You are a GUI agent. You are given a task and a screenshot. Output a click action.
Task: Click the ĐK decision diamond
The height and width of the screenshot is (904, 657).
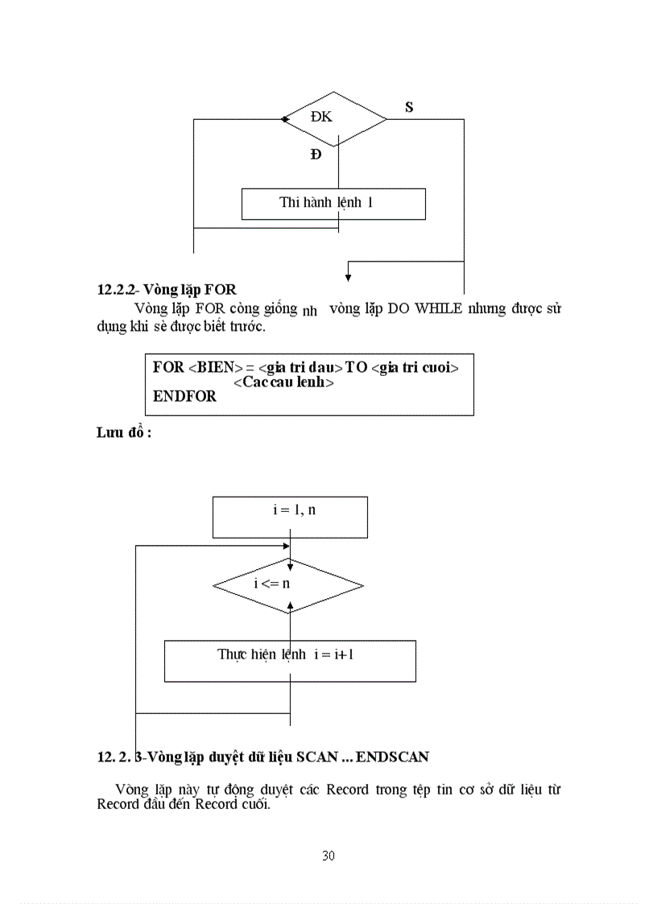335,118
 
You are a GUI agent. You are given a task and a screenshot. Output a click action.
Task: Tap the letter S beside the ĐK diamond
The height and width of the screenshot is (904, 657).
409,107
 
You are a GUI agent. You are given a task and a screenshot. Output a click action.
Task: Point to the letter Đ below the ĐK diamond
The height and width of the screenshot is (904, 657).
316,155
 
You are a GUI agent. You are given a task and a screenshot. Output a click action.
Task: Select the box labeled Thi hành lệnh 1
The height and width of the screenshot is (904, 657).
333,204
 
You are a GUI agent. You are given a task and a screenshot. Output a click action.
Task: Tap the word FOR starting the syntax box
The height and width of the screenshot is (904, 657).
168,367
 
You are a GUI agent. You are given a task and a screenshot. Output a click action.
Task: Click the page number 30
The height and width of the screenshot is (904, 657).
328,855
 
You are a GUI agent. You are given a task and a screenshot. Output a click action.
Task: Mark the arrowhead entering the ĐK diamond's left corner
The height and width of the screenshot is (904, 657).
285,119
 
